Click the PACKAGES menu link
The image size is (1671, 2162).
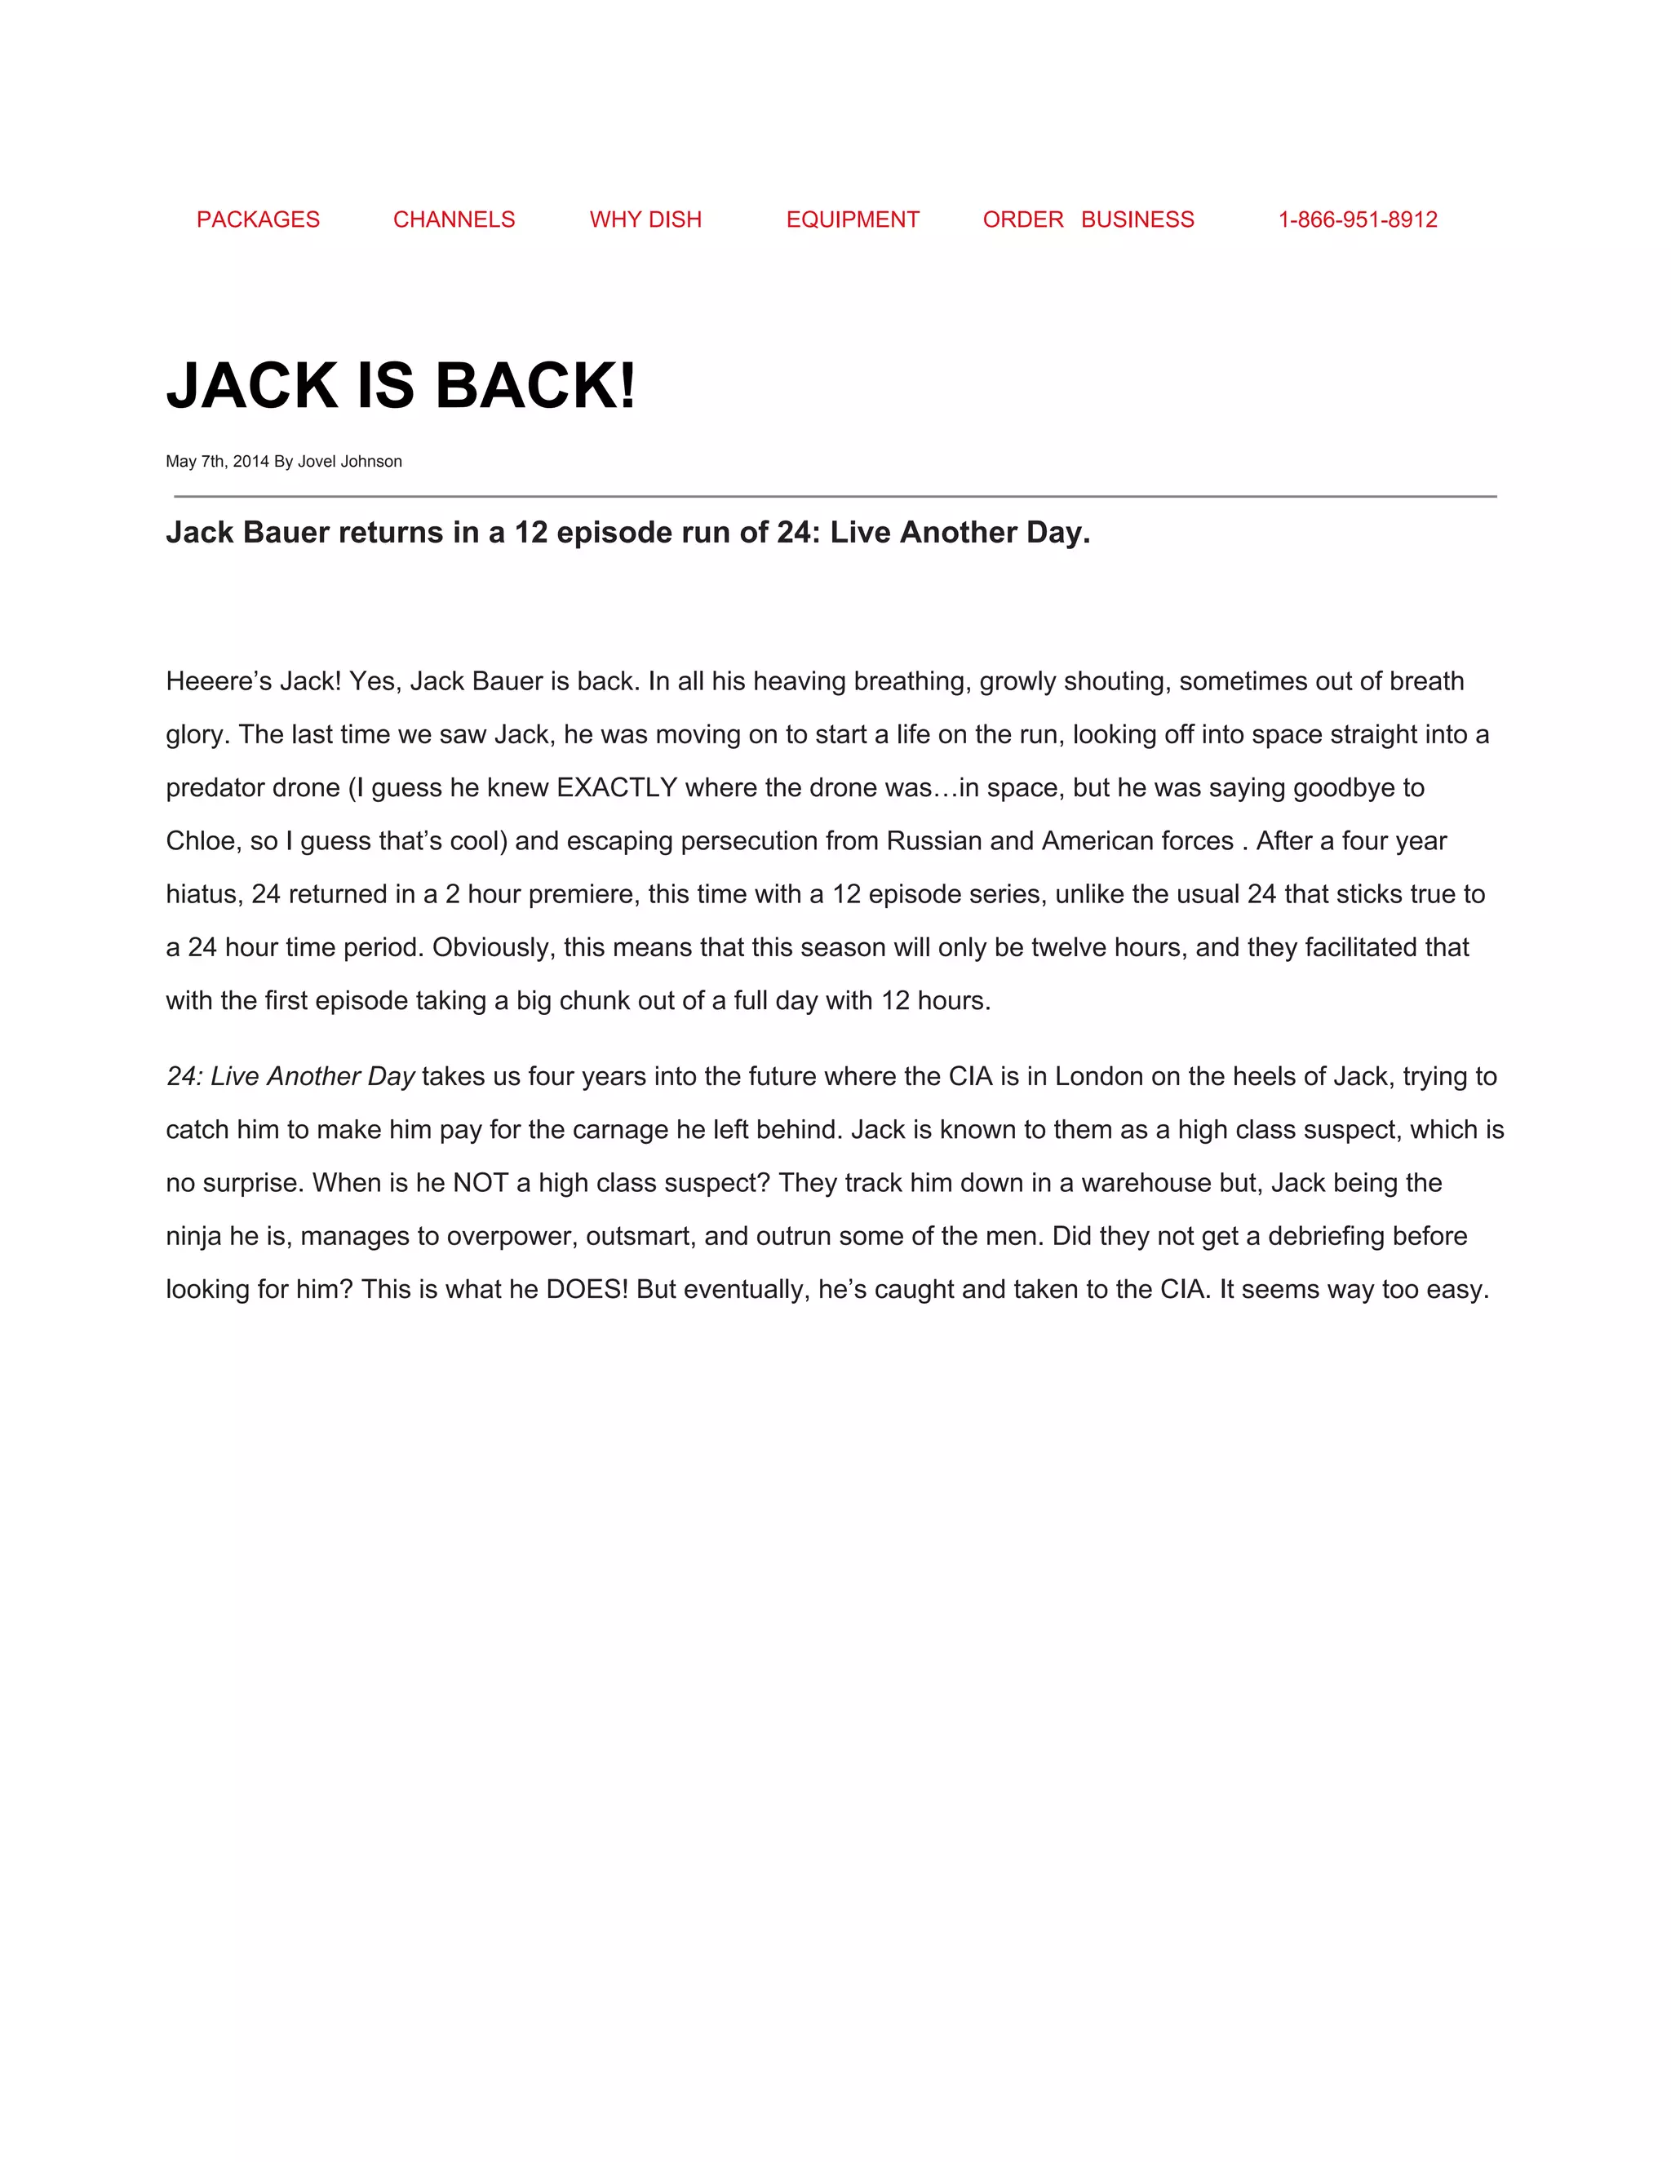click(259, 219)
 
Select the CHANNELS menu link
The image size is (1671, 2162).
click(454, 219)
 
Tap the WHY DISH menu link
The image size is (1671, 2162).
click(645, 219)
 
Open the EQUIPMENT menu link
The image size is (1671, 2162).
click(853, 219)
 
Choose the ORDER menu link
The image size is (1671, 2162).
click(1022, 219)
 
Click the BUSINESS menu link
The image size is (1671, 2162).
click(1137, 219)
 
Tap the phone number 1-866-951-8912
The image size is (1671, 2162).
click(1357, 219)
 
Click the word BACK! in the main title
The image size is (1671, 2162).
click(534, 385)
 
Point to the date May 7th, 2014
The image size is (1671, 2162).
click(217, 461)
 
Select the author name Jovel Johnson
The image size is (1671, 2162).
click(349, 461)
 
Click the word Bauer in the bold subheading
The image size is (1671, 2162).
click(286, 533)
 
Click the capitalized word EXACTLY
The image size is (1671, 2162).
click(617, 788)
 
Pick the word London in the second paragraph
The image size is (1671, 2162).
click(1099, 1077)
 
